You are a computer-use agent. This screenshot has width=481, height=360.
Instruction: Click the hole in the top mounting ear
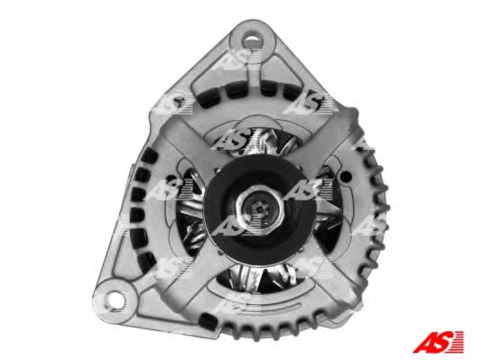click(x=252, y=41)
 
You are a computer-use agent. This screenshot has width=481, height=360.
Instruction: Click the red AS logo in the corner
click(x=439, y=341)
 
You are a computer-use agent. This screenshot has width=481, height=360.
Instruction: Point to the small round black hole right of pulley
click(x=346, y=176)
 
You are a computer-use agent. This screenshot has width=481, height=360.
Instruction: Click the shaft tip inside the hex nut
click(x=260, y=209)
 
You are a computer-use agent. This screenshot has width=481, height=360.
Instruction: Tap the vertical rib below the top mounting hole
click(x=254, y=74)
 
